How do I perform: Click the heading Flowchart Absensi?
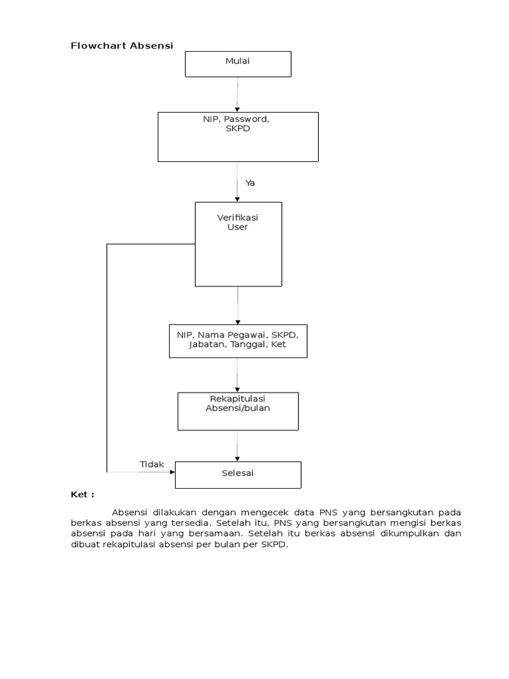tap(122, 46)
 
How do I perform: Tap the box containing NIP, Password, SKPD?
tap(238, 137)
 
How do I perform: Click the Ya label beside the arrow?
tap(250, 183)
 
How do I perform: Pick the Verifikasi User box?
tap(238, 244)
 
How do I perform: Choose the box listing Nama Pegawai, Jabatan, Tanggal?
tap(237, 340)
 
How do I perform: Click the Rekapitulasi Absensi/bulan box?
tap(238, 411)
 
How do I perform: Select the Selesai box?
tap(238, 474)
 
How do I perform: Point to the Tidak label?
tap(151, 464)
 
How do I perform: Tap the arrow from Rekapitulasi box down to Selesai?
tap(238, 446)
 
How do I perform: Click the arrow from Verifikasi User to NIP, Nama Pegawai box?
tap(238, 304)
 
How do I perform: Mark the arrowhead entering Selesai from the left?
tap(172, 472)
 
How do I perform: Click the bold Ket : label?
tap(83, 495)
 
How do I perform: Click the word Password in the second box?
tap(246, 119)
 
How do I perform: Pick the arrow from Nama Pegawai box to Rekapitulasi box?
tap(238, 375)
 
